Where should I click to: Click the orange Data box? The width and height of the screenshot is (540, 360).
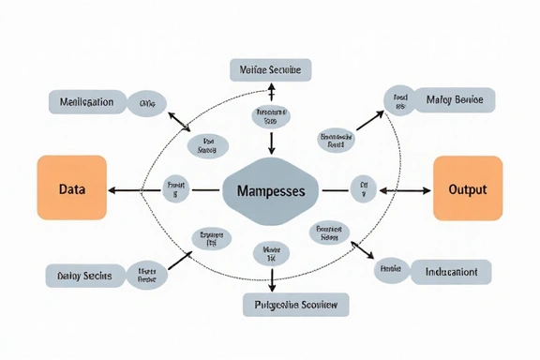pyautogui.click(x=72, y=188)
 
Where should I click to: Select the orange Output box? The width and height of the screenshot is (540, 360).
pyautogui.click(x=468, y=188)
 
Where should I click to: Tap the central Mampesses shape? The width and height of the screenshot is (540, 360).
pyautogui.click(x=271, y=190)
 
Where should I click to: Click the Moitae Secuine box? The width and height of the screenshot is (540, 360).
pyautogui.click(x=271, y=69)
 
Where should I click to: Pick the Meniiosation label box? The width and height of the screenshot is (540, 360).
pyautogui.click(x=87, y=101)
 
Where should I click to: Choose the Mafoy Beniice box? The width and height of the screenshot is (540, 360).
pyautogui.click(x=453, y=100)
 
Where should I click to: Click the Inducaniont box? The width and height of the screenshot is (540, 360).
pyautogui.click(x=451, y=272)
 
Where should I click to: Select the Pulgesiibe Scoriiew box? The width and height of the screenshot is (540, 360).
pyautogui.click(x=295, y=304)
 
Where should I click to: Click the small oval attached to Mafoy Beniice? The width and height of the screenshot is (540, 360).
pyautogui.click(x=400, y=101)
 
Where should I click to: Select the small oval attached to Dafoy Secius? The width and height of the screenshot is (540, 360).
pyautogui.click(x=146, y=274)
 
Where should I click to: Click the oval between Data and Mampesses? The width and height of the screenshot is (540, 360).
pyautogui.click(x=175, y=188)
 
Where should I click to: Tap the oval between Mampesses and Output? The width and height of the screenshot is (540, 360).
pyautogui.click(x=363, y=189)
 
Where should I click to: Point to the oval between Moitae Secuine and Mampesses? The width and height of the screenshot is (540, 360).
pyautogui.click(x=271, y=115)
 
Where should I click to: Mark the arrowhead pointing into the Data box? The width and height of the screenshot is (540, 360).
pyautogui.click(x=112, y=189)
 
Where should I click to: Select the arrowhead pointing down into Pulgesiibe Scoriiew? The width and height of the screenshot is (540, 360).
pyautogui.click(x=271, y=288)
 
